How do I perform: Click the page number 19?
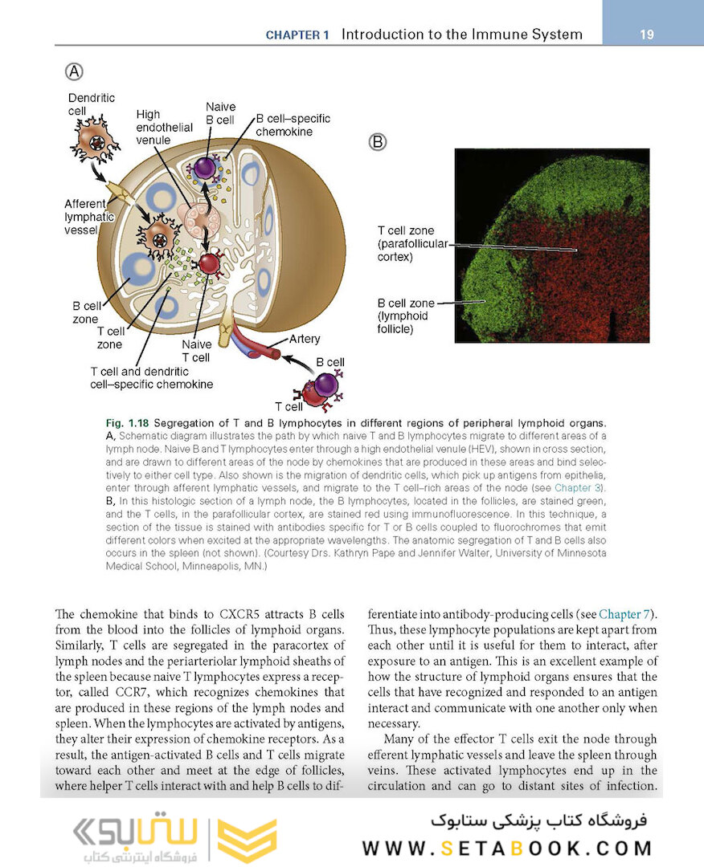pyautogui.click(x=647, y=35)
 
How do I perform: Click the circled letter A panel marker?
pyautogui.click(x=73, y=71)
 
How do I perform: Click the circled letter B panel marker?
pyautogui.click(x=378, y=142)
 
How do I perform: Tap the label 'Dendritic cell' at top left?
pyautogui.click(x=91, y=104)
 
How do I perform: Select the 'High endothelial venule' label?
pyautogui.click(x=164, y=127)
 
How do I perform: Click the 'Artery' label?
pyautogui.click(x=305, y=339)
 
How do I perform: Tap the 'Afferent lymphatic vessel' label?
pyautogui.click(x=89, y=216)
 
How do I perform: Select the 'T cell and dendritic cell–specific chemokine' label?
pyautogui.click(x=151, y=378)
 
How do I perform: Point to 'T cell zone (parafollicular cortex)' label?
pyautogui.click(x=411, y=244)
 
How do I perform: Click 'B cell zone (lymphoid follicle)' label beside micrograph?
pyautogui.click(x=406, y=315)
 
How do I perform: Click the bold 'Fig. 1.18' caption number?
pyautogui.click(x=127, y=423)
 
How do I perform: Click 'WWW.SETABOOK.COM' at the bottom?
pyautogui.click(x=507, y=848)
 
